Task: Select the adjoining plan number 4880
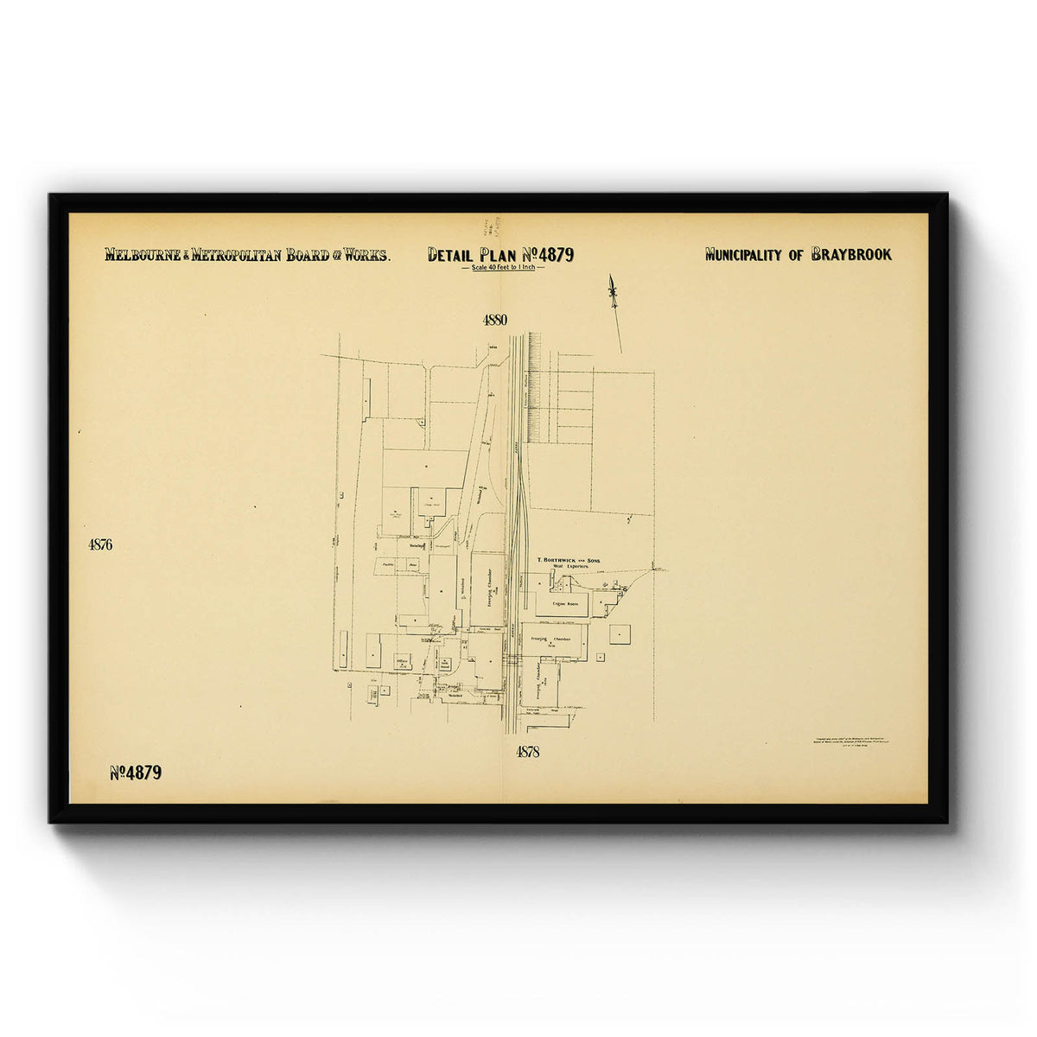494,320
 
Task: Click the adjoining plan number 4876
100,544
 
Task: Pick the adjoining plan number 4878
527,752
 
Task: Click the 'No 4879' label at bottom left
136,773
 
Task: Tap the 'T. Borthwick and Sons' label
569,561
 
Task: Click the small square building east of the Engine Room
620,634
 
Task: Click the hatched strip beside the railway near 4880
534,380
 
